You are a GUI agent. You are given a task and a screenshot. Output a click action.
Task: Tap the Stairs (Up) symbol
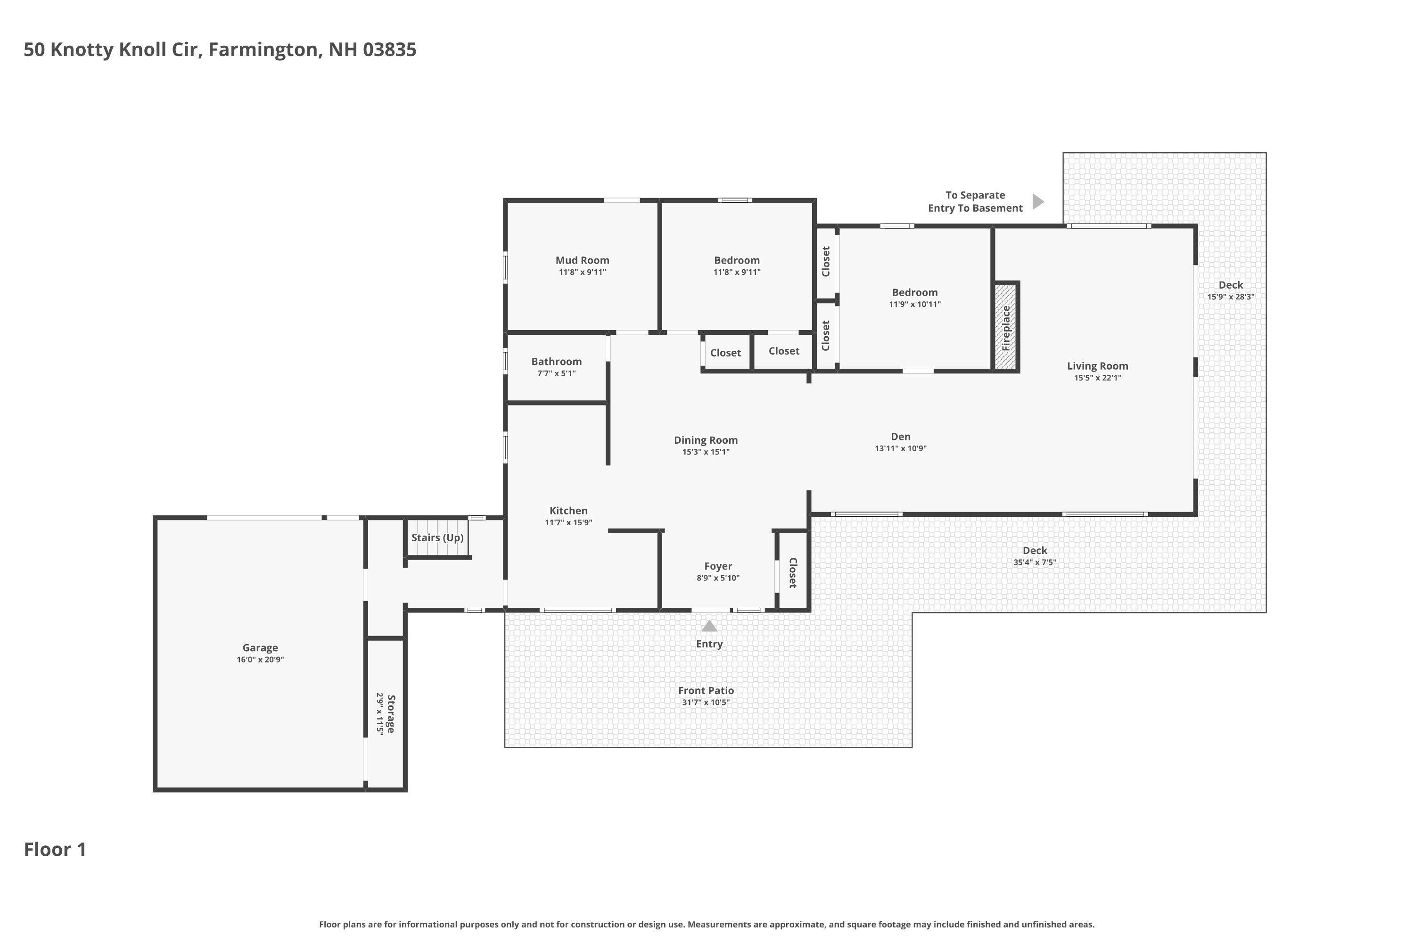(437, 538)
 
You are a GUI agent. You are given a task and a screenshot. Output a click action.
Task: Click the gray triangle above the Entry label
(709, 627)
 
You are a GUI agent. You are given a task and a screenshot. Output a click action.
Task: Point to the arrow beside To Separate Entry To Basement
(1038, 201)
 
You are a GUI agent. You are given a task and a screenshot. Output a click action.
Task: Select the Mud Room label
(582, 260)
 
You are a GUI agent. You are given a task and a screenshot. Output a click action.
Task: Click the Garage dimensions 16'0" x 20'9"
(260, 660)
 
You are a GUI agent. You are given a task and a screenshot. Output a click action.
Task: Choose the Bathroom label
(556, 362)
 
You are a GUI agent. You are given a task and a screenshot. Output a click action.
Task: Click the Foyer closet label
(792, 572)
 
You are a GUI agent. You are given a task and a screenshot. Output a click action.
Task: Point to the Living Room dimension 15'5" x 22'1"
(1097, 378)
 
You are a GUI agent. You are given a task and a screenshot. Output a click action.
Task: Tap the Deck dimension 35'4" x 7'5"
(1034, 562)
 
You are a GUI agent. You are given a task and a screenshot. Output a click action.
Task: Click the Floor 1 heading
(55, 849)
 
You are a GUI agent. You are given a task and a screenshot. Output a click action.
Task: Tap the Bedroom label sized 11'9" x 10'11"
(914, 292)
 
